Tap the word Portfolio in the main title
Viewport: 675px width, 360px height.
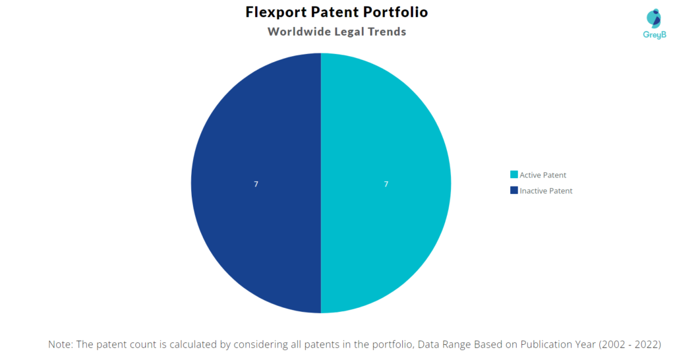396,12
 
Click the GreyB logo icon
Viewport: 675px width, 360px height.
654,18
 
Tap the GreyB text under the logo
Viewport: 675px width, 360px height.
655,35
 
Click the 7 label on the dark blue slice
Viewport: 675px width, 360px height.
256,185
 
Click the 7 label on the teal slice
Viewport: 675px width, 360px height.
386,185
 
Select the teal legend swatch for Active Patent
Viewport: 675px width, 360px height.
514,175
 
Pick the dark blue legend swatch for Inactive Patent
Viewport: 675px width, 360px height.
514,191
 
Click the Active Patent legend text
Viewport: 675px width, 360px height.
543,175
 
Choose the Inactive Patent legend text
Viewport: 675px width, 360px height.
546,191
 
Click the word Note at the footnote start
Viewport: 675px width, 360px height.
60,344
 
